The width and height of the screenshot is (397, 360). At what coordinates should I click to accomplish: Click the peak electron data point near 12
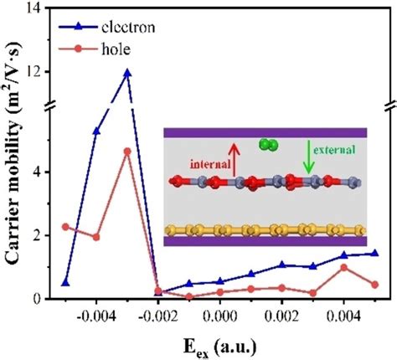click(x=127, y=73)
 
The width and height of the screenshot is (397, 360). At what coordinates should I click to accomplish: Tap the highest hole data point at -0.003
click(x=127, y=152)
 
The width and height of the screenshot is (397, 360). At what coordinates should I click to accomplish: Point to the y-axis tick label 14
click(x=37, y=8)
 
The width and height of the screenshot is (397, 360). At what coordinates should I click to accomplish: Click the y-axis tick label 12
click(x=37, y=71)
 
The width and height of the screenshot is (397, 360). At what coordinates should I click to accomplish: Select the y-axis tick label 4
click(x=41, y=172)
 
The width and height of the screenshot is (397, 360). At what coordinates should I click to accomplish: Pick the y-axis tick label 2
click(x=41, y=235)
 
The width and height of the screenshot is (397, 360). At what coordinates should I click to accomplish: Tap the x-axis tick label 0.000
click(x=220, y=319)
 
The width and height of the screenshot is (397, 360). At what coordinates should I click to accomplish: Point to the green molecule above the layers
click(x=268, y=144)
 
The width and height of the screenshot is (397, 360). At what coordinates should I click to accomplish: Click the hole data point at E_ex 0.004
click(x=343, y=267)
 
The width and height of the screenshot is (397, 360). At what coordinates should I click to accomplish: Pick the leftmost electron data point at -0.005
click(x=65, y=282)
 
